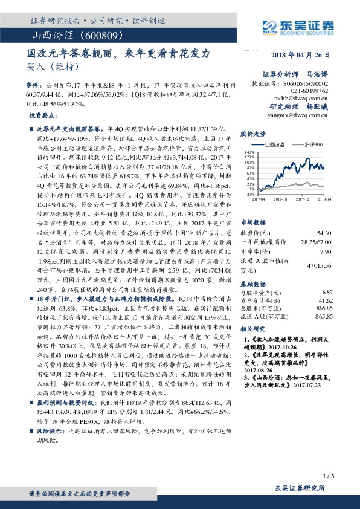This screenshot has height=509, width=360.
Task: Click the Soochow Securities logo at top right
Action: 299,27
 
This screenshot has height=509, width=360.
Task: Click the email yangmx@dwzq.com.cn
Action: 300,115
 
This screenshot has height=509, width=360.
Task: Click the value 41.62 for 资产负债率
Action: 326,300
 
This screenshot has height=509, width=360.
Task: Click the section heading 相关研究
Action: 253,329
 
